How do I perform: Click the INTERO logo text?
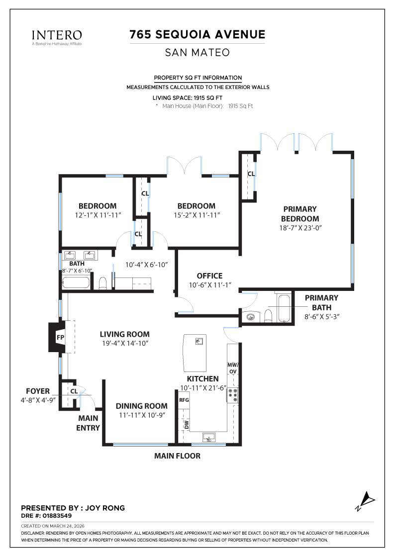click(57, 35)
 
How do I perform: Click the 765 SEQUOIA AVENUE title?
click(197, 34)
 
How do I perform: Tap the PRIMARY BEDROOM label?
click(299, 214)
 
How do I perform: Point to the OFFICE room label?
click(209, 276)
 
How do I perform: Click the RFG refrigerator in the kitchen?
click(184, 400)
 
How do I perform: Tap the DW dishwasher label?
click(186, 424)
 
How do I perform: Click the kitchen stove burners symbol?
click(233, 395)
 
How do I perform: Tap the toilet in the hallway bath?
click(103, 283)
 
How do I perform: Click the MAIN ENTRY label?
click(89, 423)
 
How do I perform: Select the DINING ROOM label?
click(141, 406)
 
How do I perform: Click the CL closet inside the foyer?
click(73, 391)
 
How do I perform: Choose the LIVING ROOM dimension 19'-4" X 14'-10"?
click(124, 343)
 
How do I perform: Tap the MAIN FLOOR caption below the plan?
click(177, 456)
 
